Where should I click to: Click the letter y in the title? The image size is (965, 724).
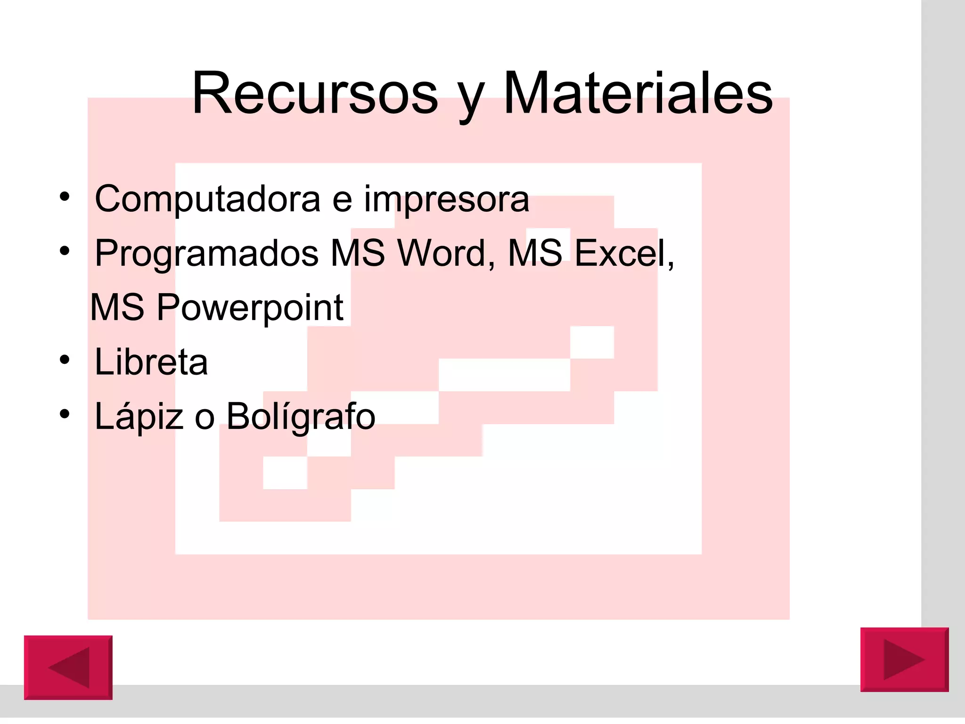point(471,99)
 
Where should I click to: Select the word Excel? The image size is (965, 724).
point(623,254)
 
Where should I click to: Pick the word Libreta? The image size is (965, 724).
point(151,362)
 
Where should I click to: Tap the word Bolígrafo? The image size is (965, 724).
point(301,417)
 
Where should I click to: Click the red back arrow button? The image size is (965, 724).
point(68,667)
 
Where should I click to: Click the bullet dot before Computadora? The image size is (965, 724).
point(65,196)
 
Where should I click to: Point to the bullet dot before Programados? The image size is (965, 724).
point(65,251)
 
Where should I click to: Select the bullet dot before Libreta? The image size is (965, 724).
point(65,360)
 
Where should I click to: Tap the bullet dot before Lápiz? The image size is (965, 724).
point(65,414)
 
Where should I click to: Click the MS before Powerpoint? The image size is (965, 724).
point(117,308)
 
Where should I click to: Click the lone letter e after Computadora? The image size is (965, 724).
point(342,201)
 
